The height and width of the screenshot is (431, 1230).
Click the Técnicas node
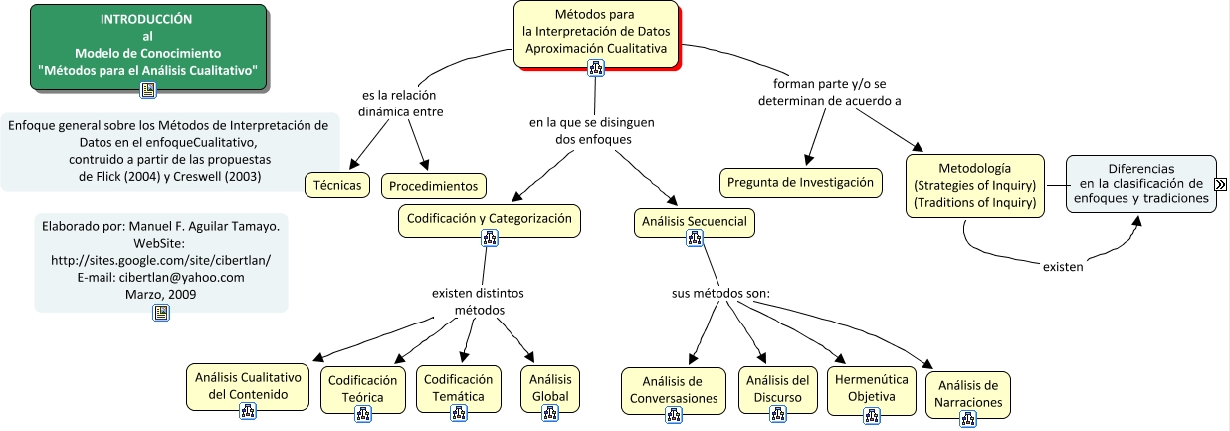(x=337, y=184)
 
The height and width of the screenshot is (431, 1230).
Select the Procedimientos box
(x=435, y=185)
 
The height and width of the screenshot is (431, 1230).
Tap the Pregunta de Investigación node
(x=800, y=182)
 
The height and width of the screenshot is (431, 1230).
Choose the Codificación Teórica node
(x=364, y=388)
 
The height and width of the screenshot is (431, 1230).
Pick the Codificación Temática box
(x=458, y=387)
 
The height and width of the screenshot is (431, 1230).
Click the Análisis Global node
(x=549, y=387)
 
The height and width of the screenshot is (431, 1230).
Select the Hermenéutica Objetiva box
(x=872, y=387)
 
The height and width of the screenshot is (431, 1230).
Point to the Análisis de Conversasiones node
(x=674, y=389)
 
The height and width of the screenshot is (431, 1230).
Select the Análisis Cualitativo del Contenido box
(x=248, y=386)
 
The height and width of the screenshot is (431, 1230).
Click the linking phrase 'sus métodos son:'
(x=721, y=294)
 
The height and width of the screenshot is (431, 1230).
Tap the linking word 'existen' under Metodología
(x=1063, y=266)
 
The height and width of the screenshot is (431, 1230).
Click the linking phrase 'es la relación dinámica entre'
(x=400, y=104)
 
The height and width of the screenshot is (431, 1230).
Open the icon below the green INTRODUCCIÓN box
(x=148, y=90)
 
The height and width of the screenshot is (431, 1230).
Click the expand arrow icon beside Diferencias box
(x=1220, y=183)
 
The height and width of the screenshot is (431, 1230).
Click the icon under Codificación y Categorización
(x=489, y=237)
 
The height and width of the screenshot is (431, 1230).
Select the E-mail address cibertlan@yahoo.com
(x=160, y=278)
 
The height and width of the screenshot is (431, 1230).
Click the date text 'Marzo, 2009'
(x=160, y=295)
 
